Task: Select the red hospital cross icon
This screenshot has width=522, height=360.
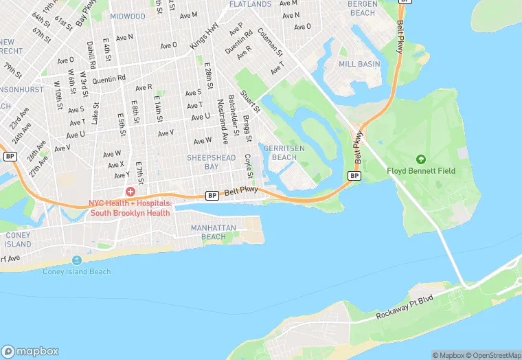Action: [x=130, y=191]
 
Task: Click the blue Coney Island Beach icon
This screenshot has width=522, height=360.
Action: [x=76, y=260]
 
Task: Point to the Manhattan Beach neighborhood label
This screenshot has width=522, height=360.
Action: [x=214, y=232]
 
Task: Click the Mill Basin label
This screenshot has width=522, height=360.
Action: [x=359, y=64]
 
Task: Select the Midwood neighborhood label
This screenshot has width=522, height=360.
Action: [x=128, y=16]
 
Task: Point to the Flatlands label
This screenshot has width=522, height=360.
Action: [x=250, y=4]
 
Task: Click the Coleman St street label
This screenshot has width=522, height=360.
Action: [x=270, y=42]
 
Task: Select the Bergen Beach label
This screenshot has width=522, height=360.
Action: [x=363, y=8]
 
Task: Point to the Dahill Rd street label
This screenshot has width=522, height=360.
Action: [x=91, y=54]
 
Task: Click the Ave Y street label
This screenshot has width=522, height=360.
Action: [x=121, y=175]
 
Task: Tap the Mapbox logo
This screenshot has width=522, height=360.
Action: [x=30, y=351]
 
